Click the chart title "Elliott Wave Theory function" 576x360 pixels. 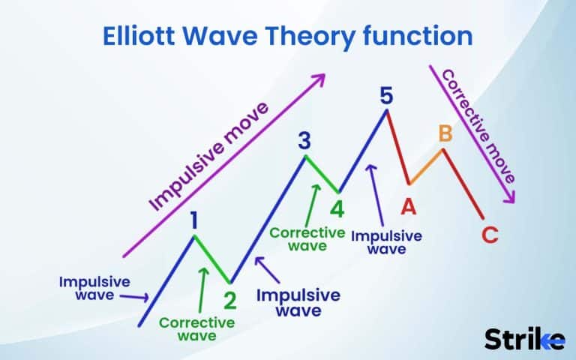[287, 36]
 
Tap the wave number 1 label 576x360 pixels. [194, 220]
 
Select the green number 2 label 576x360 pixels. [230, 300]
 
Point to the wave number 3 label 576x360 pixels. [304, 140]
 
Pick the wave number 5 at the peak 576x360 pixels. [386, 95]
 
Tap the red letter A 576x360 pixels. [409, 205]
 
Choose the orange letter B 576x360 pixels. [445, 134]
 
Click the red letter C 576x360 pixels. [490, 235]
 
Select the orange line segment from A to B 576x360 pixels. [426, 166]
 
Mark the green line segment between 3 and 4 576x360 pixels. [321, 174]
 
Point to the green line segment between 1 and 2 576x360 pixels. [212, 259]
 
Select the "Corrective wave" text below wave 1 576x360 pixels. [197, 329]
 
